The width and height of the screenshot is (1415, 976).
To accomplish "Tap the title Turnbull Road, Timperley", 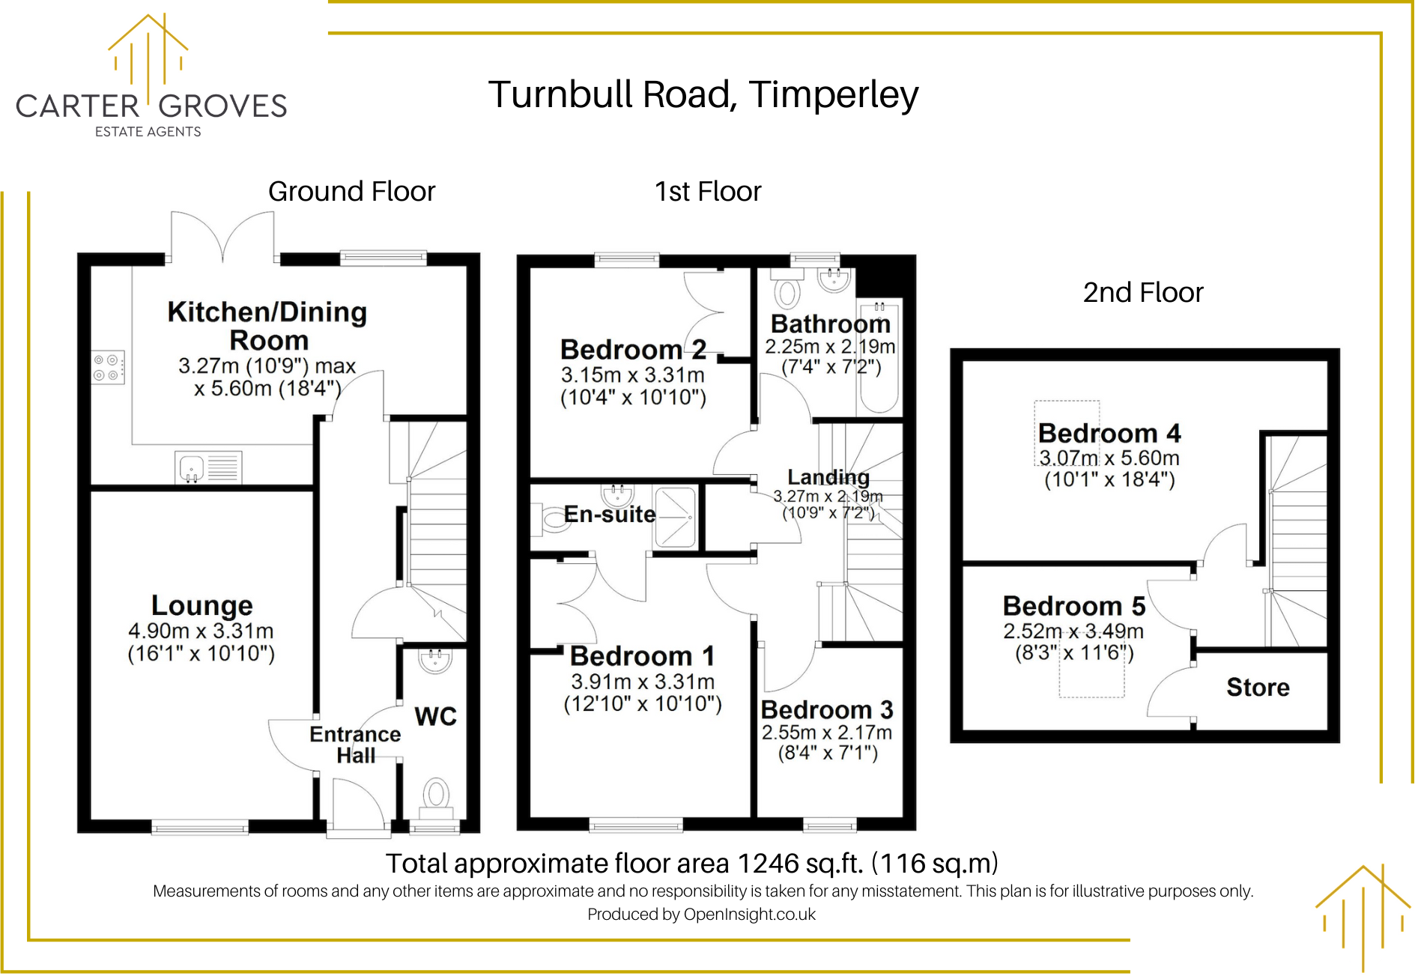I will pyautogui.click(x=703, y=95).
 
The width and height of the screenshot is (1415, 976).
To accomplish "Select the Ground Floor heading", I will pyautogui.click(x=351, y=192).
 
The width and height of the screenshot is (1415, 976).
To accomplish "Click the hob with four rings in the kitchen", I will pyautogui.click(x=108, y=368).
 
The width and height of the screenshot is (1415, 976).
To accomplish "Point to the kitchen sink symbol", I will pyautogui.click(x=192, y=468).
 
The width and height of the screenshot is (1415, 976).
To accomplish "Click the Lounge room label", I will pyautogui.click(x=202, y=605).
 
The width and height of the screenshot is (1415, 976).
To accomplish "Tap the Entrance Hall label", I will pyautogui.click(x=355, y=745).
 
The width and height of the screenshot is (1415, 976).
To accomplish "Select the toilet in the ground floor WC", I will pyautogui.click(x=436, y=795).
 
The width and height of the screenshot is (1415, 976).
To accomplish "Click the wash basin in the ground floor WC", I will pyautogui.click(x=435, y=661).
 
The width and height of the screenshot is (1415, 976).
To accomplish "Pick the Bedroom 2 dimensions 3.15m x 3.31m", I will pyautogui.click(x=633, y=375).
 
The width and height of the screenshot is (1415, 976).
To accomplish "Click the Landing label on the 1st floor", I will pyautogui.click(x=828, y=477).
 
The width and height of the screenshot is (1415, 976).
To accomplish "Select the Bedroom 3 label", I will pyautogui.click(x=827, y=709).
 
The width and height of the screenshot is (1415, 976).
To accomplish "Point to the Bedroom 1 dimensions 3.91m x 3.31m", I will pyautogui.click(x=643, y=682).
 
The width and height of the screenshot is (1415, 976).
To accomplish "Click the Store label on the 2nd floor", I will pyautogui.click(x=1258, y=687).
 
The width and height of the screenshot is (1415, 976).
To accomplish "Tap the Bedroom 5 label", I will pyautogui.click(x=1073, y=606).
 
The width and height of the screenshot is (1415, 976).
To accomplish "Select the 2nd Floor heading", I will pyautogui.click(x=1142, y=293).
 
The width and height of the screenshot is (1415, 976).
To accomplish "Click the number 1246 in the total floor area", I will pyautogui.click(x=768, y=864).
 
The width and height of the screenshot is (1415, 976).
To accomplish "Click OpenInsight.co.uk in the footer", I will pyautogui.click(x=749, y=915).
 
